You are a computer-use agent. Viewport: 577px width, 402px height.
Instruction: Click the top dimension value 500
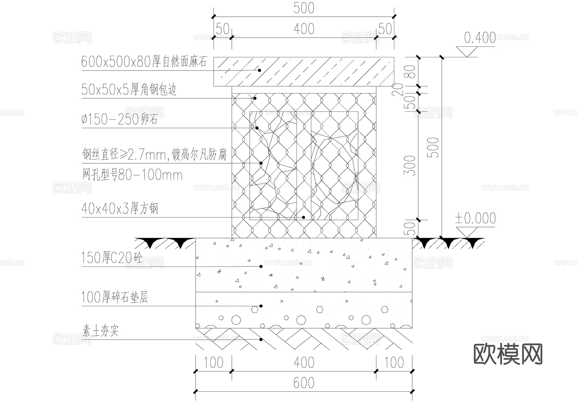tap(304, 8)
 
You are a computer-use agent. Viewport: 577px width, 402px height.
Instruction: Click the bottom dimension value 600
tap(304, 383)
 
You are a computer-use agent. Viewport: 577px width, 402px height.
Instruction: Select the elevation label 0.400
tap(480, 38)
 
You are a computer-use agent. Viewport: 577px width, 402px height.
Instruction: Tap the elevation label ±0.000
tap(475, 218)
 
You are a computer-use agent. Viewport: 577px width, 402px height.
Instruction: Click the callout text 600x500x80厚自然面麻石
tap(144, 61)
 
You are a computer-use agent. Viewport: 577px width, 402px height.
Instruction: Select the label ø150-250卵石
tap(119, 120)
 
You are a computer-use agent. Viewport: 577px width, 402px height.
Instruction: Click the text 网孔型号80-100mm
tap(132, 175)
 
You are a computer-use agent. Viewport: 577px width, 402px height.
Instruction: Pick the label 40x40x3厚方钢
tap(120, 209)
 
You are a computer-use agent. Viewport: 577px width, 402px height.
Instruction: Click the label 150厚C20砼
tap(112, 258)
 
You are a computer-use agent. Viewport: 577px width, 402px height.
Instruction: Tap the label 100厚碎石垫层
tap(114, 297)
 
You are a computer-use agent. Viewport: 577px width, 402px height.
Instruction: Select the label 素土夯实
tap(101, 331)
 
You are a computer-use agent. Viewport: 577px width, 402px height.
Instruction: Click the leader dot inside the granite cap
tap(260, 70)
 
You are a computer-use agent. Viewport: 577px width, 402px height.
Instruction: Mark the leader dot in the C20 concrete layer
tap(261, 267)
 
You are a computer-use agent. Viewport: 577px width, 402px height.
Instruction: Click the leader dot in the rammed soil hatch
tap(261, 340)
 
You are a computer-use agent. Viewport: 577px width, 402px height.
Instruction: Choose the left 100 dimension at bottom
tap(213, 363)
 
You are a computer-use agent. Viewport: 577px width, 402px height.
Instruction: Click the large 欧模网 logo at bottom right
tap(508, 354)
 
